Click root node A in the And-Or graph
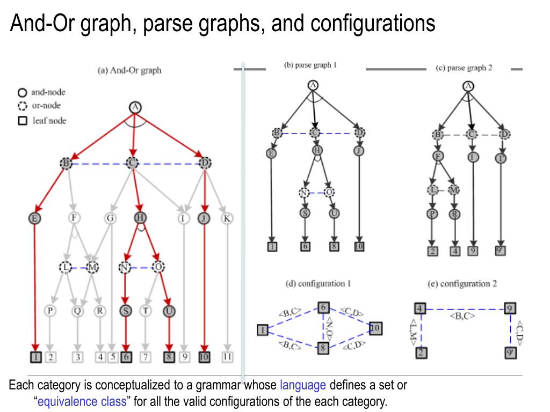(x=135, y=107)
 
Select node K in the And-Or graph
(x=227, y=218)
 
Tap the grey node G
(x=110, y=218)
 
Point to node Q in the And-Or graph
(x=78, y=311)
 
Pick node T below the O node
(x=145, y=311)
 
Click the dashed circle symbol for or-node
(x=23, y=106)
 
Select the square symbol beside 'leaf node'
(x=23, y=121)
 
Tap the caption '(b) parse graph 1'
(x=310, y=65)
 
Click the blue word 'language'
(x=303, y=385)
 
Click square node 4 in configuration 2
(x=420, y=308)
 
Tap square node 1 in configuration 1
(x=262, y=329)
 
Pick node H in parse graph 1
(x=317, y=151)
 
